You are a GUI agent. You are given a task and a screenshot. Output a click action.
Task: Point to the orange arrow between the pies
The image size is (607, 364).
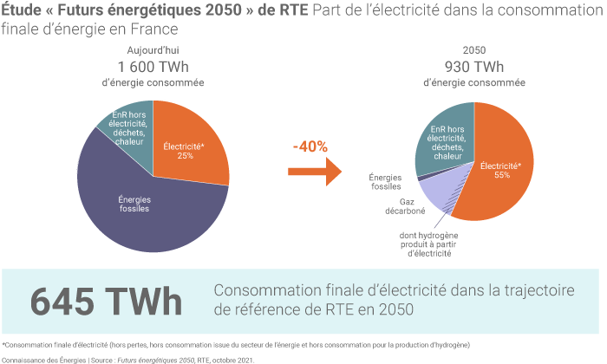pyautogui.click(x=311, y=172)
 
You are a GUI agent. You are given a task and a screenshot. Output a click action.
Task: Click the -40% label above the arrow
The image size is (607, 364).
pyautogui.click(x=310, y=146)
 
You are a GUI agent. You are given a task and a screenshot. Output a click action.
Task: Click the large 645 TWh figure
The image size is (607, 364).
pyautogui.click(x=106, y=302)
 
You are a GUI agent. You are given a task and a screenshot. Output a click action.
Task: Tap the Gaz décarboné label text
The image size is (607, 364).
pyautogui.click(x=389, y=205)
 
